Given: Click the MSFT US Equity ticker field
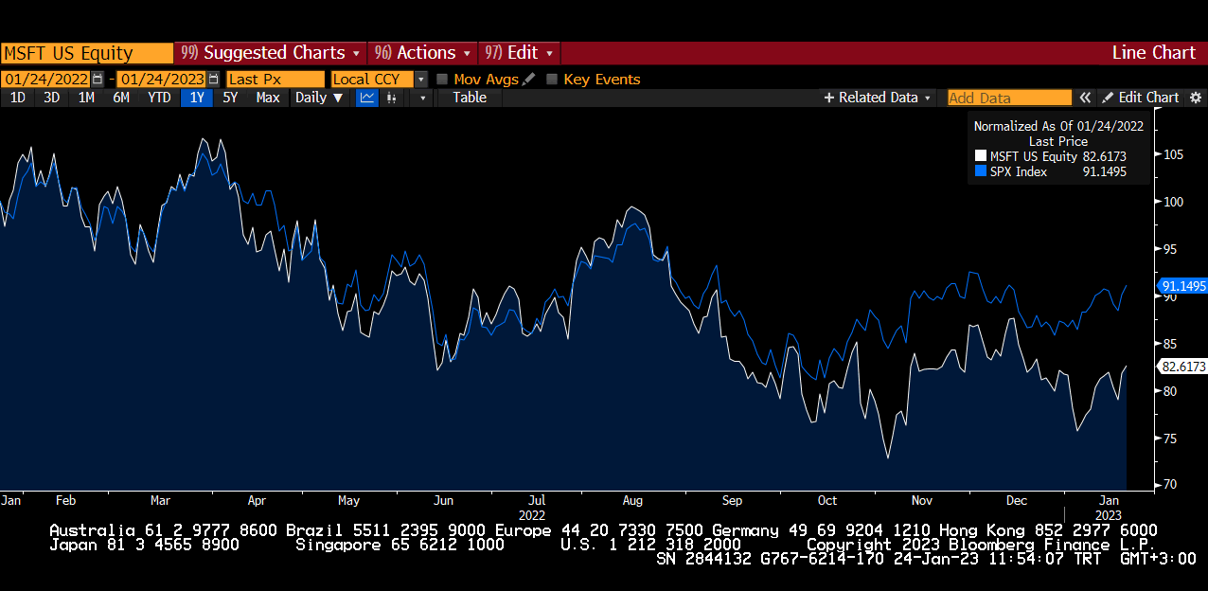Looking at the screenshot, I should click(x=85, y=53).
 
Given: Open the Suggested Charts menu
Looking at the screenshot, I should click(x=271, y=53).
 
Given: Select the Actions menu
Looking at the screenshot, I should click(x=423, y=53).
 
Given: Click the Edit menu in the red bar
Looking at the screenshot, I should click(x=520, y=53).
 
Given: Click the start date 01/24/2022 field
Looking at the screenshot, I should click(x=46, y=80).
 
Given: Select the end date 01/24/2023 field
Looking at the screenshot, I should click(x=162, y=80).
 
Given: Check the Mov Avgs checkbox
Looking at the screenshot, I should click(x=442, y=80).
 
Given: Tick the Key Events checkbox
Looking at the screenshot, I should click(x=552, y=80).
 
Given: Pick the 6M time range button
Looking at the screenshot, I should click(x=120, y=98).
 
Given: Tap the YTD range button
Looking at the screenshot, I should click(x=159, y=98).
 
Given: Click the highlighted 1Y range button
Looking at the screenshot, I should click(x=197, y=98).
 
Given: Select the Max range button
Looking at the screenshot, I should click(x=268, y=98).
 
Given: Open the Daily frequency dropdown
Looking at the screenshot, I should click(x=319, y=98).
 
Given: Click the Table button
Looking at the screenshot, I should click(x=470, y=98).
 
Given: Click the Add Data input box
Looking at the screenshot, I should click(x=1009, y=98).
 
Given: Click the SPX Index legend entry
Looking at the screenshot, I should click(x=1018, y=171).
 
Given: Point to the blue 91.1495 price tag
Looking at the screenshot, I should click(x=1182, y=286).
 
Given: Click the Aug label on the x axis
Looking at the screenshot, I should click(x=632, y=500).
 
